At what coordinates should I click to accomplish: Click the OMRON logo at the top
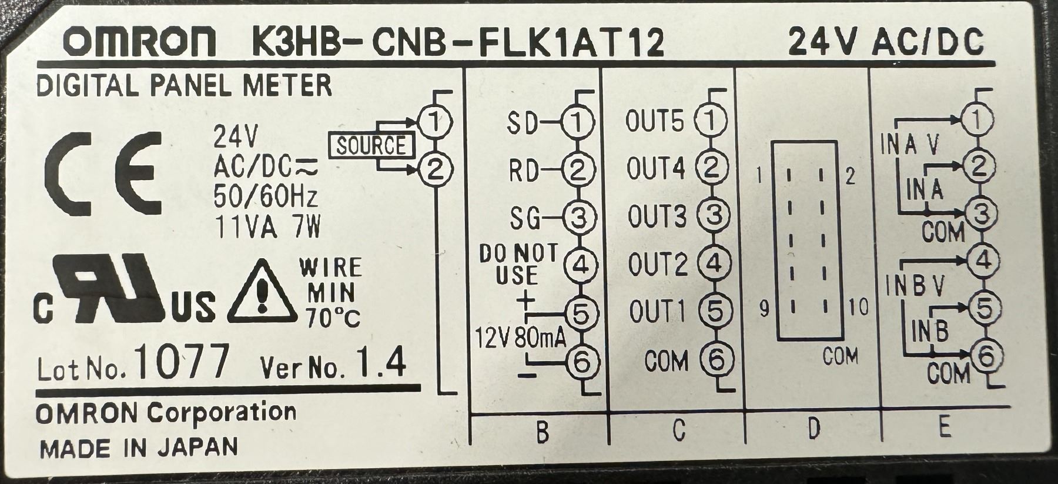pos(139,42)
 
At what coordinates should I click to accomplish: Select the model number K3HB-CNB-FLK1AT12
pos(458,42)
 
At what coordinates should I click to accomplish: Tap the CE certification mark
pos(105,173)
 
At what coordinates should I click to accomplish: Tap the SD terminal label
pos(523,123)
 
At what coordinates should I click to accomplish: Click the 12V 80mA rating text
pos(520,338)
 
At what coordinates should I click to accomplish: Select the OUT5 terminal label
pos(655,122)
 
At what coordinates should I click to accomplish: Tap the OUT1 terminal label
pos(657,312)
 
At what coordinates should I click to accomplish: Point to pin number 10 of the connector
pos(858,307)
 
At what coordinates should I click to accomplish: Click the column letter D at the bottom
pos(813,429)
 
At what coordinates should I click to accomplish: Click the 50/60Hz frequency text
pos(265,196)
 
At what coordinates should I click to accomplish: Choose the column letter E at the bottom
pos(944,428)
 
